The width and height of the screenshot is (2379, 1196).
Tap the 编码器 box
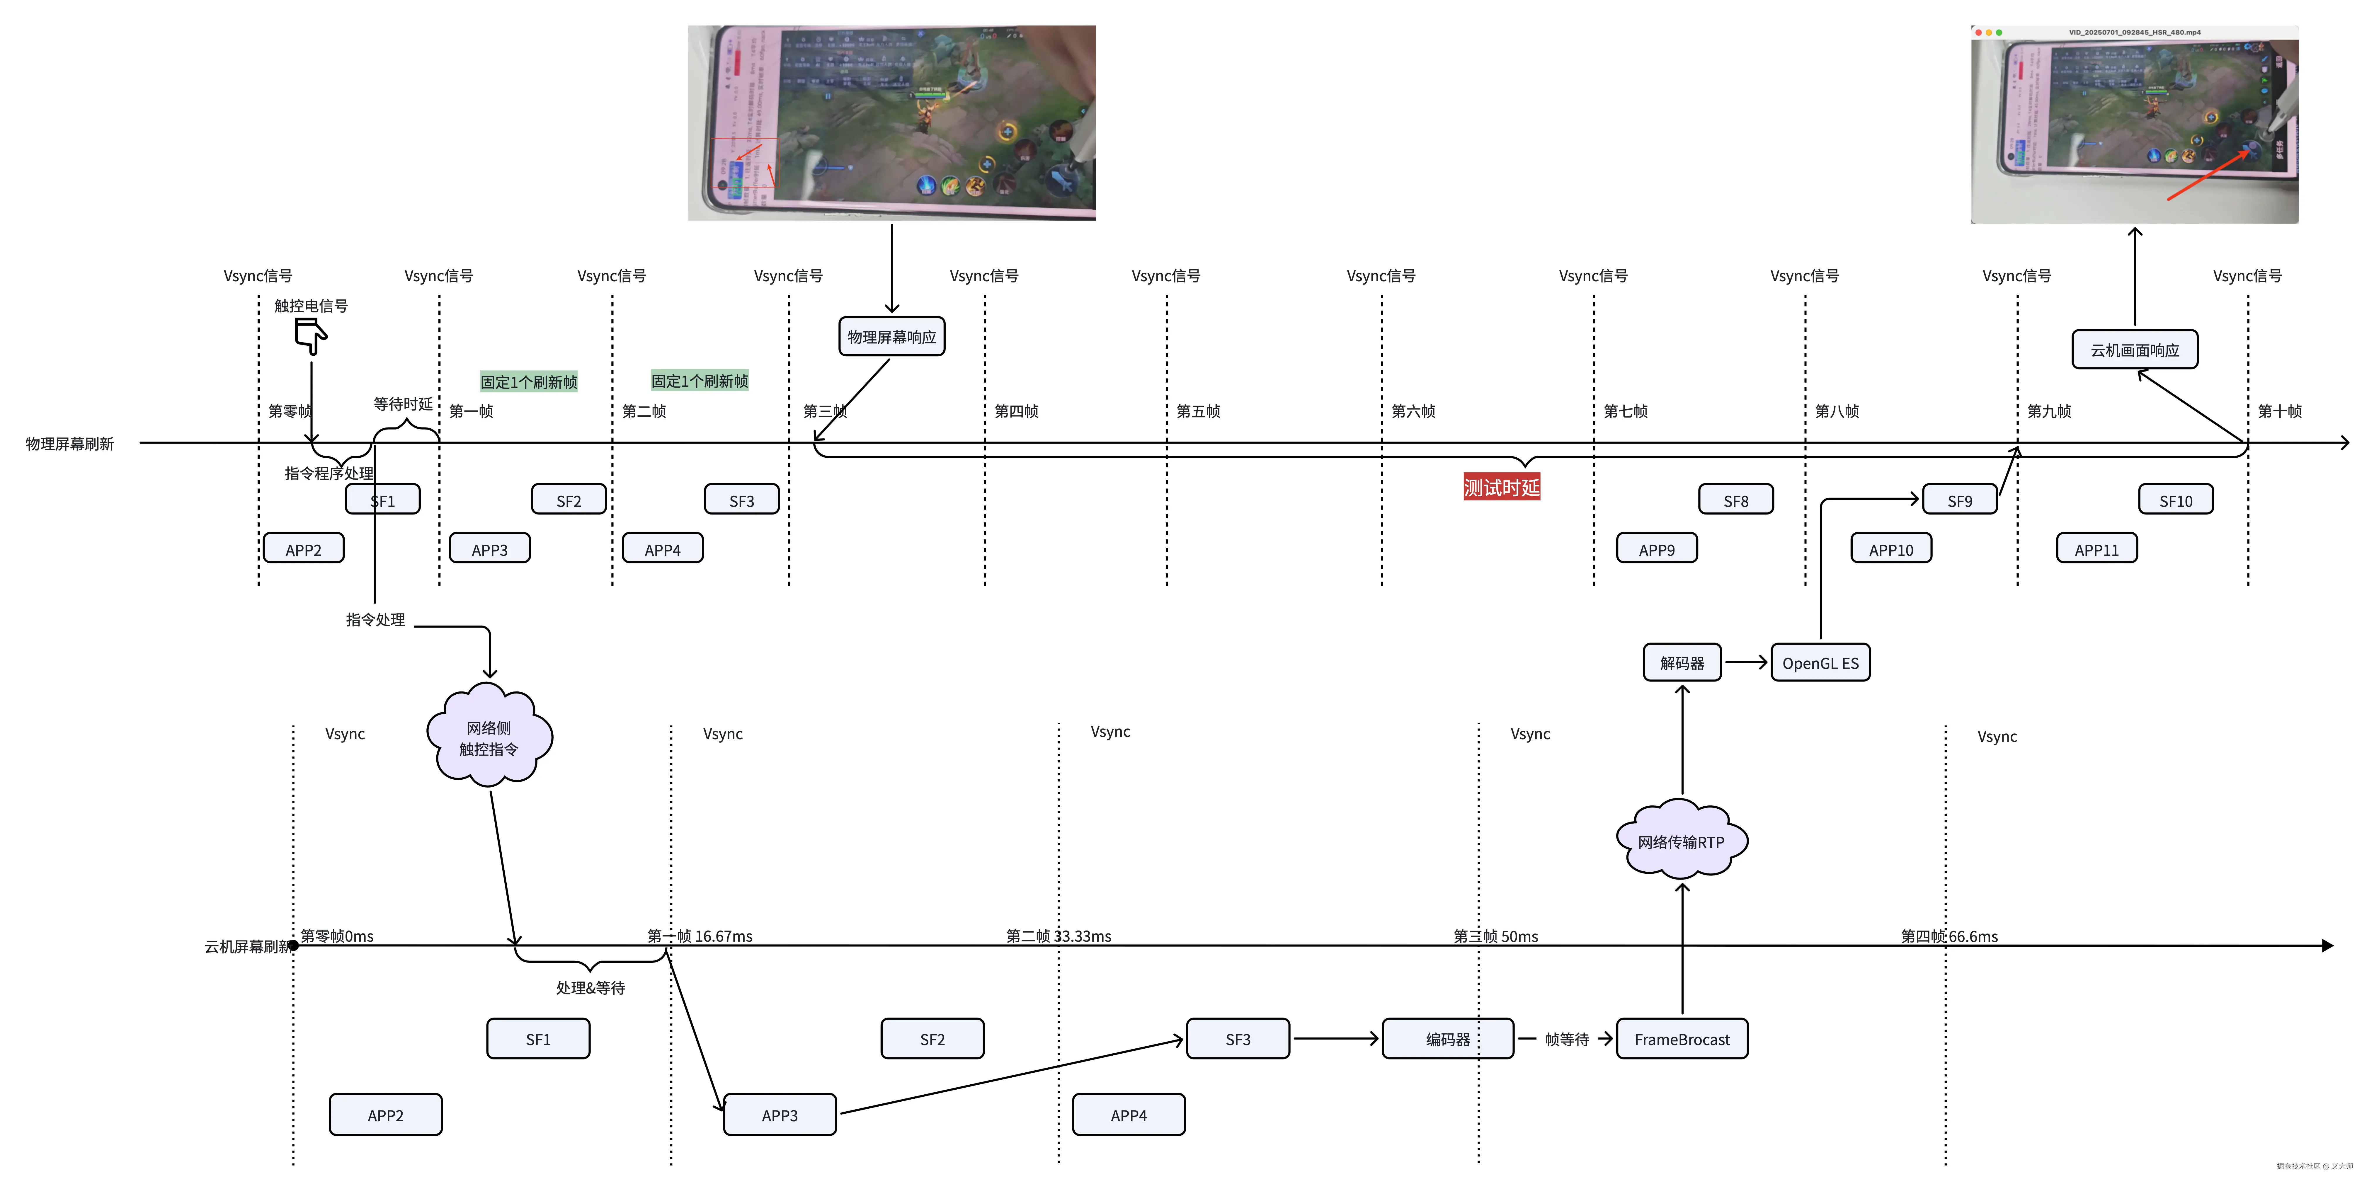click(1447, 1039)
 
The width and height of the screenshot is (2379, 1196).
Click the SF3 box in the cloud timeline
click(1238, 1039)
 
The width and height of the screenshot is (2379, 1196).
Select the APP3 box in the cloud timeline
click(780, 1115)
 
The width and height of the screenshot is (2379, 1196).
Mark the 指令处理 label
click(375, 619)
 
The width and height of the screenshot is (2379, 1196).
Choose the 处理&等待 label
click(590, 987)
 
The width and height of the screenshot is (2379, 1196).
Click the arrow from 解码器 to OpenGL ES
click(1745, 662)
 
